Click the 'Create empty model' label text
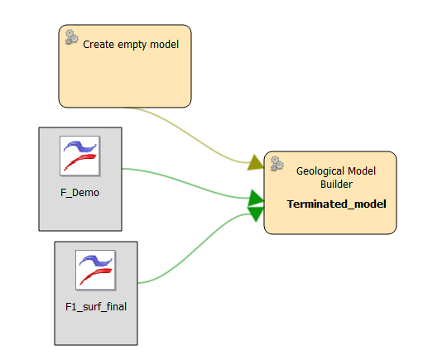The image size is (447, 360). pyautogui.click(x=131, y=45)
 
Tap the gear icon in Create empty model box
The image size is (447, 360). pyautogui.click(x=71, y=37)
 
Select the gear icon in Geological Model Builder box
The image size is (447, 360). pyautogui.click(x=276, y=164)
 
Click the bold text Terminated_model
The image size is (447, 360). pyautogui.click(x=337, y=204)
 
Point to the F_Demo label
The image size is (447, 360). pyautogui.click(x=79, y=193)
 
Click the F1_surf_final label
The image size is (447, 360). pyautogui.click(x=96, y=307)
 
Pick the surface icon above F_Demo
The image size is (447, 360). pyautogui.click(x=79, y=156)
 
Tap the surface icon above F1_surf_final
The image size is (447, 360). pyautogui.click(x=95, y=270)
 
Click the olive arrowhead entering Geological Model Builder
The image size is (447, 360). pyautogui.click(x=256, y=162)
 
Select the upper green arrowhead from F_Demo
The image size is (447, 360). pyautogui.click(x=257, y=198)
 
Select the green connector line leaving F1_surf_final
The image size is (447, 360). pyautogui.click(x=197, y=248)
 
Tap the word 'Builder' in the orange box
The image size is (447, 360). pyautogui.click(x=336, y=184)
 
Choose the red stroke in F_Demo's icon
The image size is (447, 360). pyautogui.click(x=80, y=162)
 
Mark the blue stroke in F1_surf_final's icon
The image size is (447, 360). pyautogui.click(x=96, y=260)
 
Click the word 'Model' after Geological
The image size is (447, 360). pyautogui.click(x=362, y=171)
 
